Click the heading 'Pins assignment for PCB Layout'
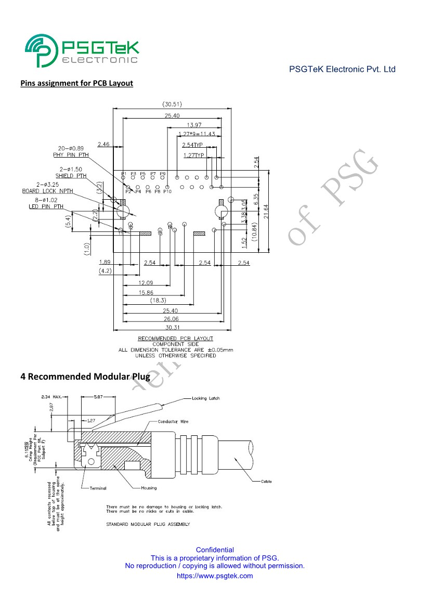[x=76, y=83]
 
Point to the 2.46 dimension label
[x=103, y=144]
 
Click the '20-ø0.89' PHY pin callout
[x=70, y=148]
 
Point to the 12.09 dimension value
[x=146, y=283]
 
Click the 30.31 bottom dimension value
[x=172, y=328]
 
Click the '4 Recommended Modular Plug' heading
[x=85, y=377]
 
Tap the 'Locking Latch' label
[x=206, y=398]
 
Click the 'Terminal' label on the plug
[x=98, y=488]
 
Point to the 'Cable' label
[x=266, y=482]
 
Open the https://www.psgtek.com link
[x=215, y=576]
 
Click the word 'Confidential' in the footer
[x=215, y=550]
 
